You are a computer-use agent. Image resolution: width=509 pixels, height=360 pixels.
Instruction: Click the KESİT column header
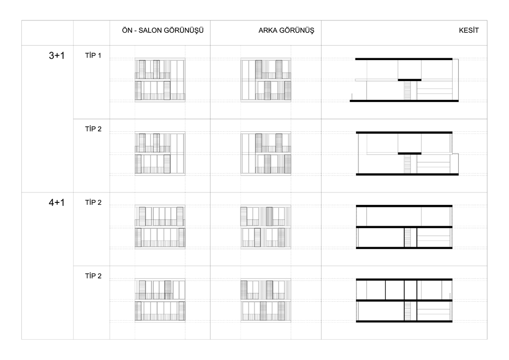pos(468,30)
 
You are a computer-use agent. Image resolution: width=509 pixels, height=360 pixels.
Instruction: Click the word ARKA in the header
pos(267,30)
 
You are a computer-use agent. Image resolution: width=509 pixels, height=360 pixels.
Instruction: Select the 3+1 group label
pos(57,56)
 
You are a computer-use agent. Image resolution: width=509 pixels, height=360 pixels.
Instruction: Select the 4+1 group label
pos(57,202)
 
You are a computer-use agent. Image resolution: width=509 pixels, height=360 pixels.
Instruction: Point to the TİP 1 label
pos(93,56)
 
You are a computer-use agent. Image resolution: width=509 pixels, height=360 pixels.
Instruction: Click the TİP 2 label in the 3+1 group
pos(93,129)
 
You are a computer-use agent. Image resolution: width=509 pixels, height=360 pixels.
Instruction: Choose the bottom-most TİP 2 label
pos(93,276)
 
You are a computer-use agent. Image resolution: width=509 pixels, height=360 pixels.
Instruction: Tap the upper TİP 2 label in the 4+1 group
pos(93,202)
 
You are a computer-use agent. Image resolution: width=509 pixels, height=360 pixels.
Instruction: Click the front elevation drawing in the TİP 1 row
pos(160,80)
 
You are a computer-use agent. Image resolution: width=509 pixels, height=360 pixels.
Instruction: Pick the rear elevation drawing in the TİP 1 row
pos(266,80)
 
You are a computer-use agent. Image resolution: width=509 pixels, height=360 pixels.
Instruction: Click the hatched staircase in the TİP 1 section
pos(408,90)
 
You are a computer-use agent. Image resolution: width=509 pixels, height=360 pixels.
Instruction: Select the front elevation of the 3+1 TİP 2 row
pos(160,153)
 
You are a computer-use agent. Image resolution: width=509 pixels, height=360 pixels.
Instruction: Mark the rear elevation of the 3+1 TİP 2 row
pos(266,153)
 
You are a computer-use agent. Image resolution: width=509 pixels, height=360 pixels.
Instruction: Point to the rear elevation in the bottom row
pos(266,300)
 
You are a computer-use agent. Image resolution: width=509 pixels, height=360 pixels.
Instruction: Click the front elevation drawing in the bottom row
pos(160,300)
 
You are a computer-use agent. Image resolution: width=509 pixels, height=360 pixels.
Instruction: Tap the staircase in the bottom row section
pos(408,311)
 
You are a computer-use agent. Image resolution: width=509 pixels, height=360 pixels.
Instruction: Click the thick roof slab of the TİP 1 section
pos(404,59)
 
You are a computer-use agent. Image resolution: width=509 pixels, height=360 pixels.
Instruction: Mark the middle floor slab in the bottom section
pos(404,300)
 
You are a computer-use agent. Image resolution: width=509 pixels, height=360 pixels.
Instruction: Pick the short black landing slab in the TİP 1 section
pos(410,80)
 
